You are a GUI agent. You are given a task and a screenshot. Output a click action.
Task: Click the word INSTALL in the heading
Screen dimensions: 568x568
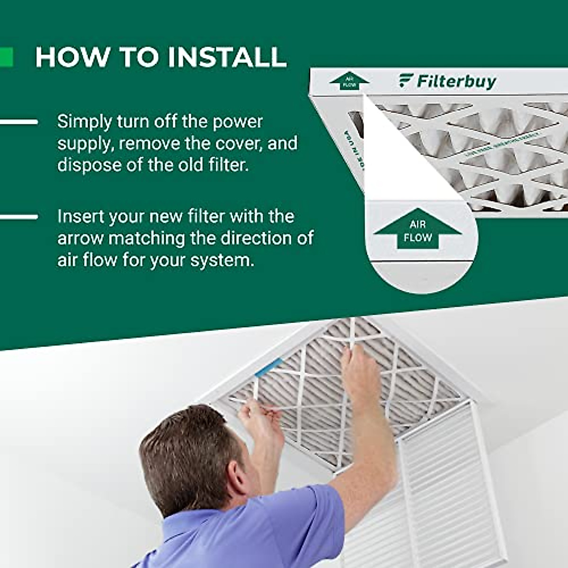(x=227, y=57)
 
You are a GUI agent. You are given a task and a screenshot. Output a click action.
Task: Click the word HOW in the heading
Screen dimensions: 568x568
(x=72, y=57)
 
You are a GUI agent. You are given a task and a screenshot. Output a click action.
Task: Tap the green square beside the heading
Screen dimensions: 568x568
(x=6, y=57)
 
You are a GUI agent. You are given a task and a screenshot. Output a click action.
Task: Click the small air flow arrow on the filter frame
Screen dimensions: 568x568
(x=349, y=81)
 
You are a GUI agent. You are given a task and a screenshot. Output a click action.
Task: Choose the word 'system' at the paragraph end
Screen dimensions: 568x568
(x=224, y=260)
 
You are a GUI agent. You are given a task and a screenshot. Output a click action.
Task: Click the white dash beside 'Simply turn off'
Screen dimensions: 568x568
(x=19, y=122)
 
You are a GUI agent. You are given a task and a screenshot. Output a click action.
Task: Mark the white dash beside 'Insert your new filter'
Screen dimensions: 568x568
(x=19, y=217)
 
